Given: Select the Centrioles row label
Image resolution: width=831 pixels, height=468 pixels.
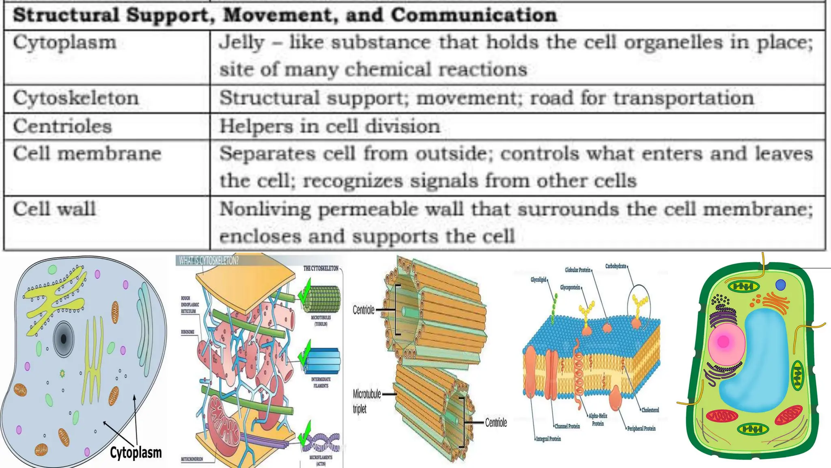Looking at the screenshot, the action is (62, 126).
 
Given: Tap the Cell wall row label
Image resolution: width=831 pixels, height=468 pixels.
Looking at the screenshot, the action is (54, 210).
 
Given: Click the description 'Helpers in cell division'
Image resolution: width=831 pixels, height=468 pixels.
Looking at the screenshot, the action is (329, 126).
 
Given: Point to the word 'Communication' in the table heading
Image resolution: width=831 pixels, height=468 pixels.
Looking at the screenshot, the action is (474, 15).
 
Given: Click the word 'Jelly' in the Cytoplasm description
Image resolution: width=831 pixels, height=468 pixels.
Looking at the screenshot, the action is (242, 43).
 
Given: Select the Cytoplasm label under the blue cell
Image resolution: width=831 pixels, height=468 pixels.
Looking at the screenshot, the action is (136, 453).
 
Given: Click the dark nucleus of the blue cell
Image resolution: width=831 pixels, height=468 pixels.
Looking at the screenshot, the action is (64, 339).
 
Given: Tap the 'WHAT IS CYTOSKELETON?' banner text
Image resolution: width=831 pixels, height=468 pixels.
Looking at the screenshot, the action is (209, 261).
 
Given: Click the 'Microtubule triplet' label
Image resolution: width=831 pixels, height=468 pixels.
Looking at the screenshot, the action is (366, 401).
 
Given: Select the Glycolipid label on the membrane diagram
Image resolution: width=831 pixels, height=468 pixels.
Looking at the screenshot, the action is (538, 280).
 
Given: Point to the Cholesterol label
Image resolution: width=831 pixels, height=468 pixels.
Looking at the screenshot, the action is (650, 410).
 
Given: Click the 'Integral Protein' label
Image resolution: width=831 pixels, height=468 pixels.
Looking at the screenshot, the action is (548, 439).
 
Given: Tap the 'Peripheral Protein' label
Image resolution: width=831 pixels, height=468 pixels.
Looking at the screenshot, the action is (641, 428).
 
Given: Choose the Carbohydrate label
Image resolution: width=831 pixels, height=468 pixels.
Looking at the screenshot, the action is (616, 266).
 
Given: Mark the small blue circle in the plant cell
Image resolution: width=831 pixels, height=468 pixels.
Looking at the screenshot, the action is (780, 285).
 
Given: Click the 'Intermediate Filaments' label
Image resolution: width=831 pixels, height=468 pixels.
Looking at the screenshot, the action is (321, 382).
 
